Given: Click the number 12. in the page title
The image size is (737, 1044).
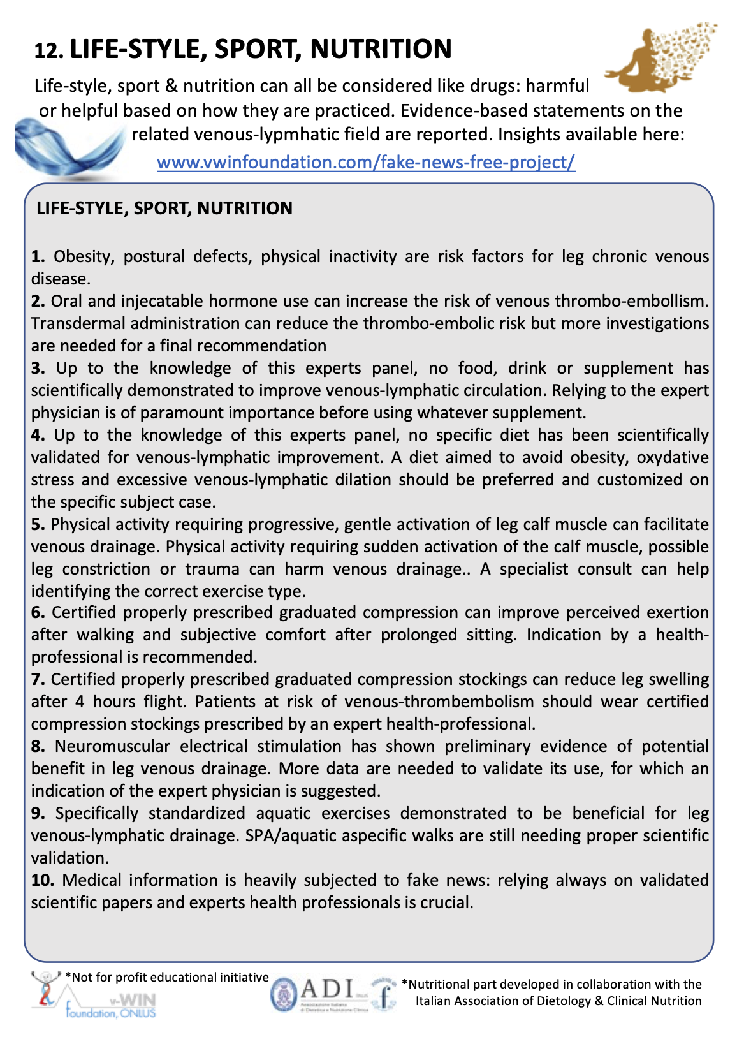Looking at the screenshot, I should click(48, 51).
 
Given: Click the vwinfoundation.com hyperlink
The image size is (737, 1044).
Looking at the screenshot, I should click(366, 162).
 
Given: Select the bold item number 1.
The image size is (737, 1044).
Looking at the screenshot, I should click(38, 256).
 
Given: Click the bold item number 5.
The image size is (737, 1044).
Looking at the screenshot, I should click(38, 524).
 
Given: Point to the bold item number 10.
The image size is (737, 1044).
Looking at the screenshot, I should click(42, 880).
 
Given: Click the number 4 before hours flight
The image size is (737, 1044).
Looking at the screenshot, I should click(80, 702).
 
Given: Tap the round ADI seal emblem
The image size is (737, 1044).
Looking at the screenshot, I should click(284, 996).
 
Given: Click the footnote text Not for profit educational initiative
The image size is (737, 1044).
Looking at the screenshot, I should click(169, 977).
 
